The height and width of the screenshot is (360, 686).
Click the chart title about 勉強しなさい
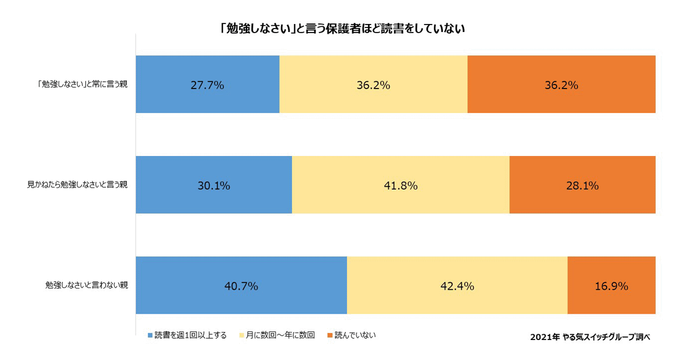click(342, 29)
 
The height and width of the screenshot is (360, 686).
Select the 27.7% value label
click(207, 85)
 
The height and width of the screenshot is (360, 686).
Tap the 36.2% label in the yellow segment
click(373, 85)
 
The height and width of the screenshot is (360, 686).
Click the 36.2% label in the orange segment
click(561, 85)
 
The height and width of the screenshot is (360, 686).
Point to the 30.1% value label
click(213, 186)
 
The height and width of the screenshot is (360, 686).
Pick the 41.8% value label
click(400, 186)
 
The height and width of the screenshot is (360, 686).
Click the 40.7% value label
click(241, 286)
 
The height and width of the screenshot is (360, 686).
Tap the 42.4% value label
click(457, 286)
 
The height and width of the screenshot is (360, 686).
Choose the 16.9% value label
click(611, 286)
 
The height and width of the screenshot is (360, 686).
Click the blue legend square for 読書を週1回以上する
click(150, 335)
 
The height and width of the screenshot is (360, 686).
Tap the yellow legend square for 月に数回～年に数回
click(242, 335)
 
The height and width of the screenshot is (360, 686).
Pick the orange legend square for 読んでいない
click(330, 335)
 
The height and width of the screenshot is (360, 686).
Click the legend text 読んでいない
click(355, 335)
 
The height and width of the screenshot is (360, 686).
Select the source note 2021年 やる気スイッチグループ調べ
click(590, 337)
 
